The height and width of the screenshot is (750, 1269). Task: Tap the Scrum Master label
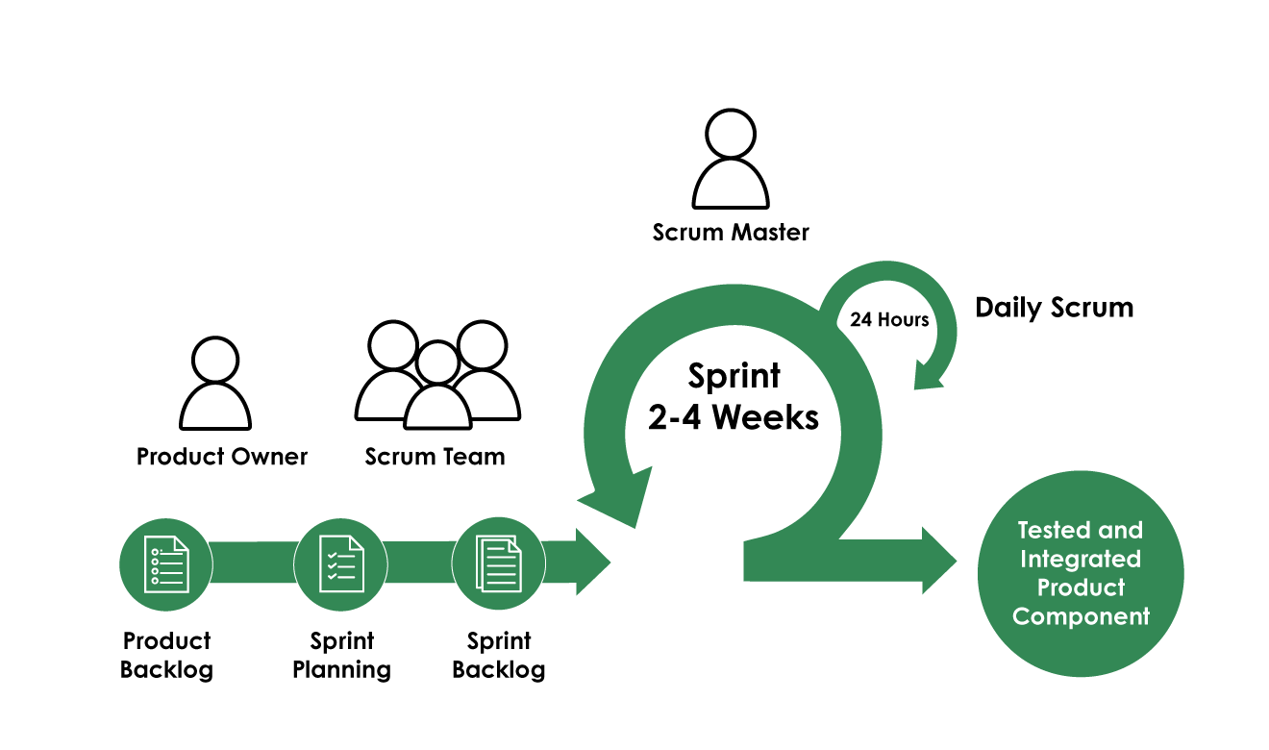coord(731,233)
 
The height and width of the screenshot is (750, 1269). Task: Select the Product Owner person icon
coord(215,384)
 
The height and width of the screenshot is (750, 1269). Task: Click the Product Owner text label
coord(222,457)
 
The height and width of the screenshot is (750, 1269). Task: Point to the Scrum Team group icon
coord(437,375)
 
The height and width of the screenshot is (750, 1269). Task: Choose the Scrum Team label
coord(435,457)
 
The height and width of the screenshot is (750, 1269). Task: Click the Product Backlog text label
coord(166,655)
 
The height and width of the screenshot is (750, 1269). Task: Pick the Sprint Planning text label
coord(341,655)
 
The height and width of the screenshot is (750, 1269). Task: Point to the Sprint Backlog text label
coord(499,655)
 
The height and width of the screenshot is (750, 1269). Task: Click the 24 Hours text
coord(889,320)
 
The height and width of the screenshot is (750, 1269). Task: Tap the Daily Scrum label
coord(1054,308)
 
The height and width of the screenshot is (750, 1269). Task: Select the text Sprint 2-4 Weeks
coord(734,397)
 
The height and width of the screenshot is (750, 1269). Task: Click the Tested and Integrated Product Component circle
coord(1081,575)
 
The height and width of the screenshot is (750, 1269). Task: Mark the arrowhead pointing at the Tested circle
coord(937,561)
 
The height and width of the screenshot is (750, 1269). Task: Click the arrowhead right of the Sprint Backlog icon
coord(590,561)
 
